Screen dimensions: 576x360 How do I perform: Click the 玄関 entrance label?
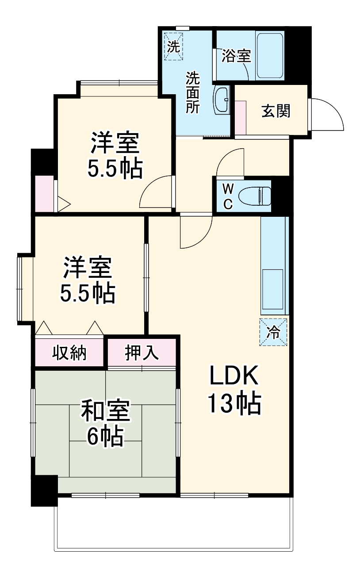276,111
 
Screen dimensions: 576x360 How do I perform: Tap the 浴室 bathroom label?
236,57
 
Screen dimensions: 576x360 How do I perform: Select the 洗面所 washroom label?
192,92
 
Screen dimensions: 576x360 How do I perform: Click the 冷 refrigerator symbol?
273,332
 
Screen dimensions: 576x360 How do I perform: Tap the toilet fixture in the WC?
255,196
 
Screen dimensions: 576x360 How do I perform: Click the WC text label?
227,196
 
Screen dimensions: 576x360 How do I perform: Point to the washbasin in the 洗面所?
222,100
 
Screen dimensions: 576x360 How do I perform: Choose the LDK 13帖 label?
234,390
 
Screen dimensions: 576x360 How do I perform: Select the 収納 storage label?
69,353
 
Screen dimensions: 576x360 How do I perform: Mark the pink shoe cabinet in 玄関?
240,117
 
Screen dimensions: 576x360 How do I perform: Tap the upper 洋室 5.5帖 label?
115,155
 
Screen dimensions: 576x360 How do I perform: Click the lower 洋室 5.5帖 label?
88,280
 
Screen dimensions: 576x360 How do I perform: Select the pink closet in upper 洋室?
44,193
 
